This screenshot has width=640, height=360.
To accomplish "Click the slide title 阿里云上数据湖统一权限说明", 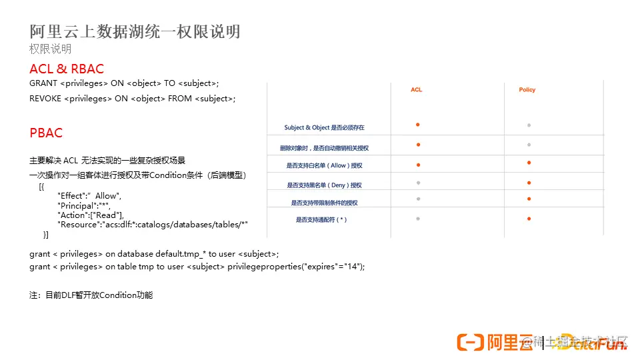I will point(135,31).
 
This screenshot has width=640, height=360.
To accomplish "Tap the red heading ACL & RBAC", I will point(67,69).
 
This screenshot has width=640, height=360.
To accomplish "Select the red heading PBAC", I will point(46,133).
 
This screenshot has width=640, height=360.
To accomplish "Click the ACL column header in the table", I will point(417,89).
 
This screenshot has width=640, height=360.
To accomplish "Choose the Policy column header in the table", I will point(527,89).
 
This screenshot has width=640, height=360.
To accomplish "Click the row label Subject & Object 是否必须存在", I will point(324,127).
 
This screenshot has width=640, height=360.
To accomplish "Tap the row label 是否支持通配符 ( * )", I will point(321,219).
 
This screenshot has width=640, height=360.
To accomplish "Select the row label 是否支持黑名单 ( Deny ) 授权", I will point(324,185).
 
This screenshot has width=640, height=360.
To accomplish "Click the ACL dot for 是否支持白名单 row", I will point(417,163).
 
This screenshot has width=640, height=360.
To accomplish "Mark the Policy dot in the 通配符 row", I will point(529,219).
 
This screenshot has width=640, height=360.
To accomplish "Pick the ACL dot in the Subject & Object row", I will point(417,125).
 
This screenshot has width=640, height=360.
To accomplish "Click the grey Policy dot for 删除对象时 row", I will point(529,145).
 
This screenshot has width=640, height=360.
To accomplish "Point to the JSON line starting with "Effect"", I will point(89,196).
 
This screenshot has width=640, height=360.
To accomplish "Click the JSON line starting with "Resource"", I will point(153,225).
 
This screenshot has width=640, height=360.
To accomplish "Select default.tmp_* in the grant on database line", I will point(181,254).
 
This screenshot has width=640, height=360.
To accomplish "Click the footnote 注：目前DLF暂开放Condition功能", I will point(91,295).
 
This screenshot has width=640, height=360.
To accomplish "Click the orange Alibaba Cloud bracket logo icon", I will point(470,342).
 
